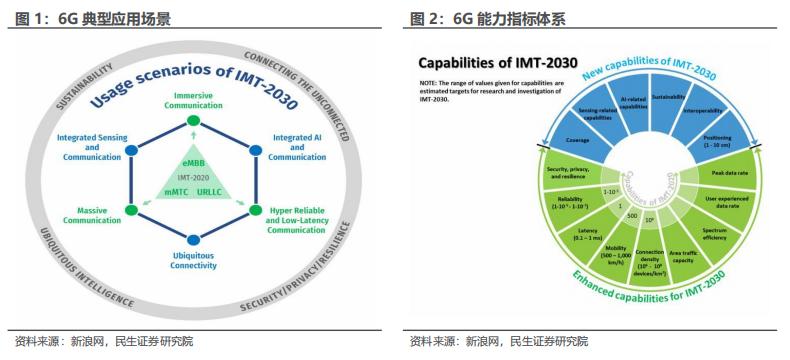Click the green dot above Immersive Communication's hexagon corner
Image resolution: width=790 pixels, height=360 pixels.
193,121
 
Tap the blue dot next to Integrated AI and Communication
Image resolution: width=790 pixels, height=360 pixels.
255,150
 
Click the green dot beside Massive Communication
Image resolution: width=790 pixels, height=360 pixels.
130,210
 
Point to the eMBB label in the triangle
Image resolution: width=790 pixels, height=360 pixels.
193,162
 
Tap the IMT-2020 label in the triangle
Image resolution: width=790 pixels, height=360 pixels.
192,176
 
